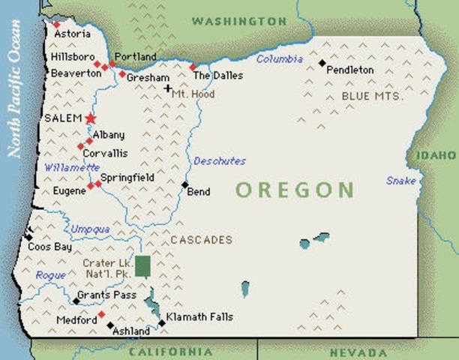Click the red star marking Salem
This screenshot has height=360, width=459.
click(91, 118)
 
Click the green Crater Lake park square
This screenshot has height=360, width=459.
click(142, 266)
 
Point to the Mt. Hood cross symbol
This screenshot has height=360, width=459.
click(168, 88)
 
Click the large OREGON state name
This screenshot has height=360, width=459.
click(295, 189)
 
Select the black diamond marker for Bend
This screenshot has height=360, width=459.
click(184, 184)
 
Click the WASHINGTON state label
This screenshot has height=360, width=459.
click(238, 22)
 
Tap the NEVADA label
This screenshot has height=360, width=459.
click(358, 352)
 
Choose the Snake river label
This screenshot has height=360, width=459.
click(401, 181)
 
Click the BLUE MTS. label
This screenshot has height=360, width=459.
click(372, 97)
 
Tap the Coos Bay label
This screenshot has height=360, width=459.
click(49, 246)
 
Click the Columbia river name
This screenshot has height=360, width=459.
click(280, 58)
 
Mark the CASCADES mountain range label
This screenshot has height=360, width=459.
click(201, 240)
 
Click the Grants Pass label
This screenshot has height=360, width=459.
click(108, 295)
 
